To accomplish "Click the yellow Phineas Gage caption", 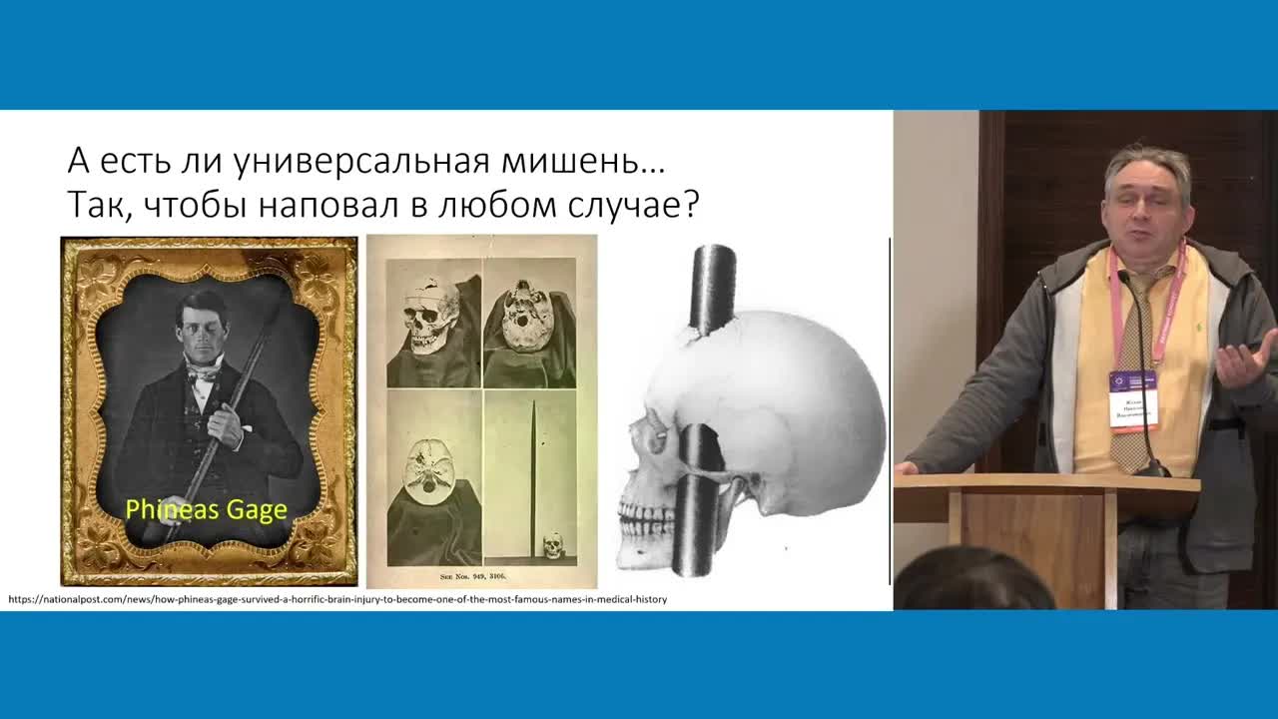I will tap(206, 509).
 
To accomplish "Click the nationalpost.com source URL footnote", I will tap(337, 599).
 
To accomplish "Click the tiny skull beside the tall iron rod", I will tap(552, 544).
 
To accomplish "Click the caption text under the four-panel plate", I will tap(481, 576).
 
